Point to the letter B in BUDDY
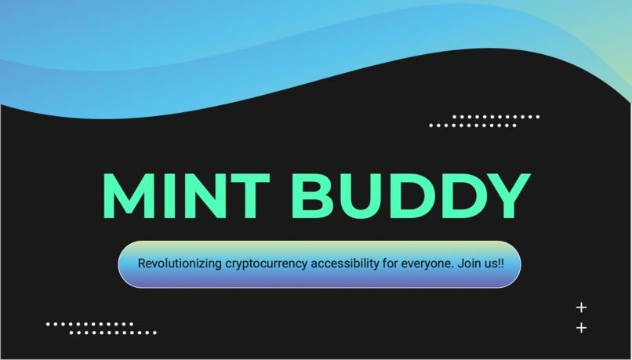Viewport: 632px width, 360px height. pos(313,195)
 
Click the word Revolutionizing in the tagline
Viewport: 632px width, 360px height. pos(179,264)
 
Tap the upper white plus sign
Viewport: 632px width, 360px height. pos(581,307)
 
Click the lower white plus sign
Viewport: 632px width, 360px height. pos(581,328)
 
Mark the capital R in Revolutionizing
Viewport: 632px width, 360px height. pos(142,264)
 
